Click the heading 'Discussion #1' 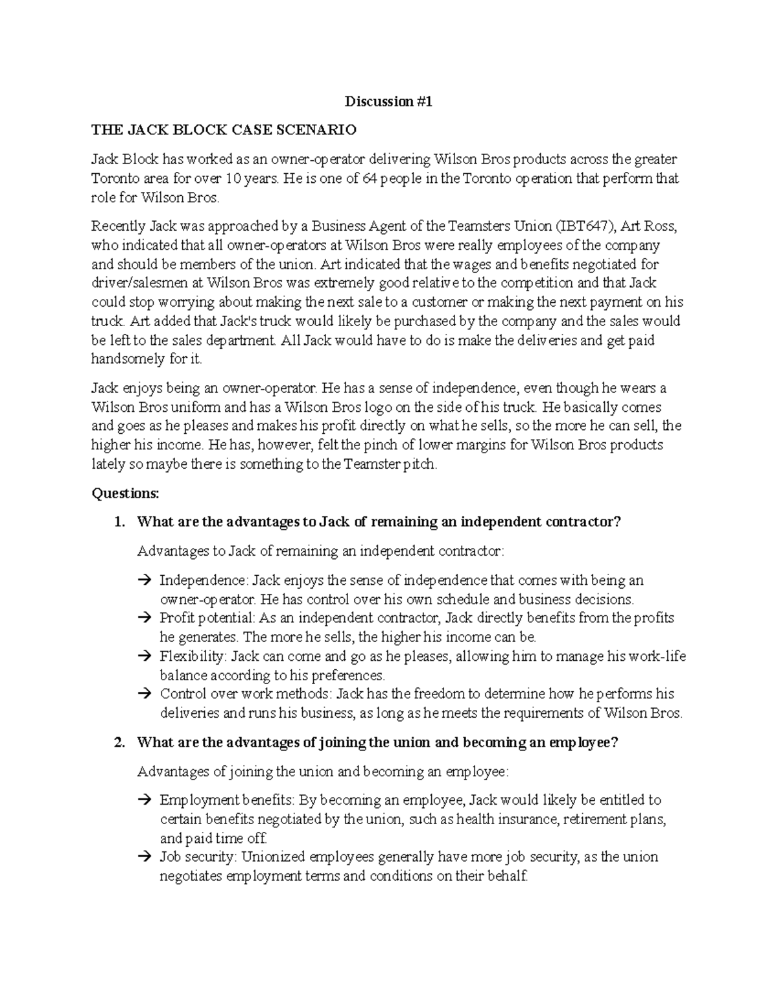coord(388,101)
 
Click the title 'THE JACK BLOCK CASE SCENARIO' coord(224,130)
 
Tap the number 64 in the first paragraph coord(368,178)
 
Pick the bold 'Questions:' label coord(125,493)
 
